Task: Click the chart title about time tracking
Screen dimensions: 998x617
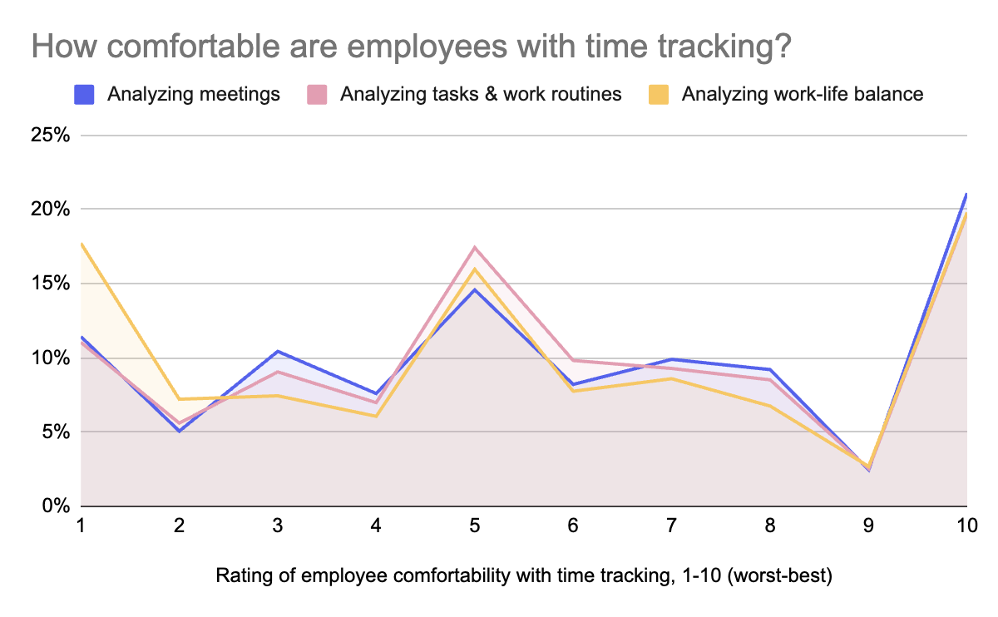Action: point(411,47)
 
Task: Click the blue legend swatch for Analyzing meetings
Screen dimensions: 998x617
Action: point(84,95)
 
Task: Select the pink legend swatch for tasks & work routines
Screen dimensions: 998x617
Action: point(317,95)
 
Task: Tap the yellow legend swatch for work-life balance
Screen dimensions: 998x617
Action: point(659,95)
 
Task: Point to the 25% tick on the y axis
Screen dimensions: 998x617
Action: point(51,135)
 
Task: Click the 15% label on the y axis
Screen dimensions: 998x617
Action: point(51,283)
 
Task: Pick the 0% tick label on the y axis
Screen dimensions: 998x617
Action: point(57,506)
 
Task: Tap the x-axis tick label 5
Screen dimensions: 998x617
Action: point(475,526)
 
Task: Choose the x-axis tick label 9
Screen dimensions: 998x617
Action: point(868,526)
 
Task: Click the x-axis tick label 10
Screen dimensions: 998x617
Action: point(966,526)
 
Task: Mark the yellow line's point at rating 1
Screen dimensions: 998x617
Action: point(82,244)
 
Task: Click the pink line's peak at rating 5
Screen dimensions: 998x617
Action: point(475,247)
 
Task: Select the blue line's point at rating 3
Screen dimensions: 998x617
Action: point(278,351)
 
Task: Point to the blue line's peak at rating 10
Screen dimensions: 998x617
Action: point(966,194)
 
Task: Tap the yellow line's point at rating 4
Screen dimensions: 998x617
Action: point(376,417)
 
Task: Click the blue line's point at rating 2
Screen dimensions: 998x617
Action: point(179,432)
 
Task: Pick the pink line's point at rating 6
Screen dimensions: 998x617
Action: point(573,360)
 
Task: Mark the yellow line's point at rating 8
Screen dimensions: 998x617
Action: point(770,406)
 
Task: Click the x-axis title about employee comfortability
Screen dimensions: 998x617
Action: point(524,575)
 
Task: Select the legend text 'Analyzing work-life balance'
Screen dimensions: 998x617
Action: point(803,95)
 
